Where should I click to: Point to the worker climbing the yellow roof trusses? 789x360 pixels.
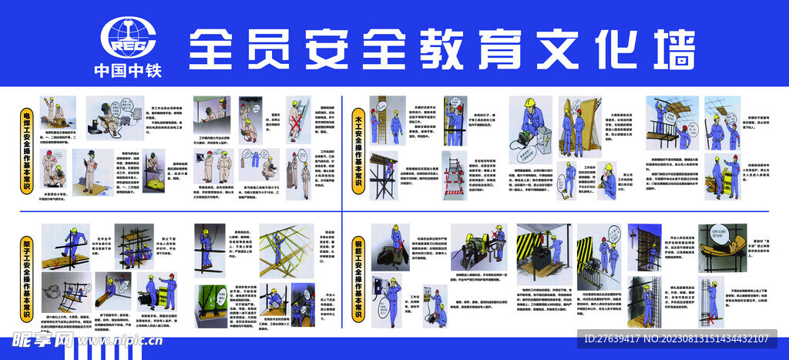click(x=278, y=247)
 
